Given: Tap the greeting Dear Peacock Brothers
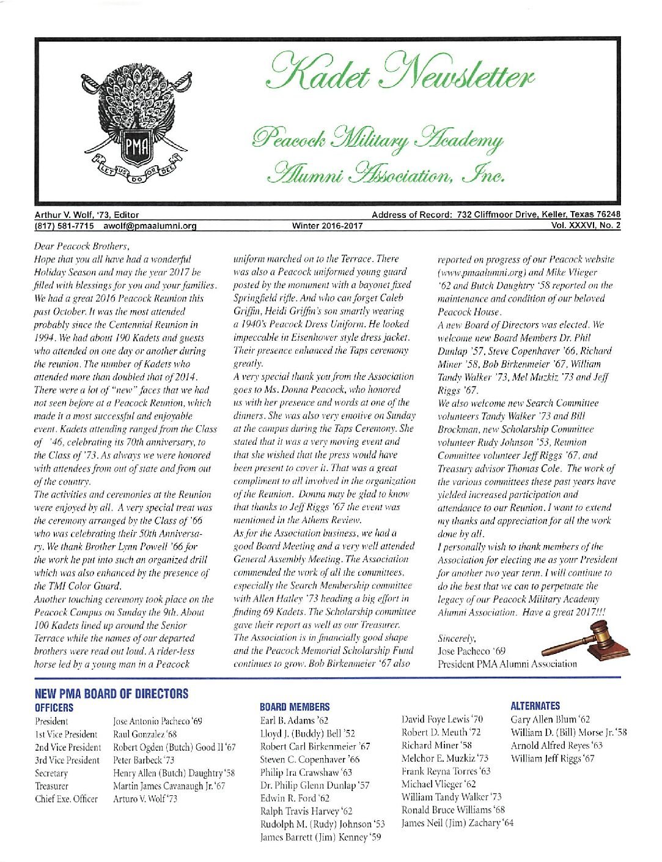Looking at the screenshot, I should pos(82,247).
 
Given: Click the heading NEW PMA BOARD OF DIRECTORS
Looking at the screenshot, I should pos(112,694).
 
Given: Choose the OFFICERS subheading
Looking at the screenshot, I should pos(54,708).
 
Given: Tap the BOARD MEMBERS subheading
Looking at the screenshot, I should pos(295,707).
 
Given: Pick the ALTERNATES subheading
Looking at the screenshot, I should pos(535,706).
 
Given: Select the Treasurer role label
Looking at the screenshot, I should pos(52,786).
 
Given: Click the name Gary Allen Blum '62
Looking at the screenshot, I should pos(550,720).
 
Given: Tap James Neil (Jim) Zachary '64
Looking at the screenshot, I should pos(457,823).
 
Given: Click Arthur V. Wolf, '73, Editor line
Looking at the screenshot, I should pos(87,215).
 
